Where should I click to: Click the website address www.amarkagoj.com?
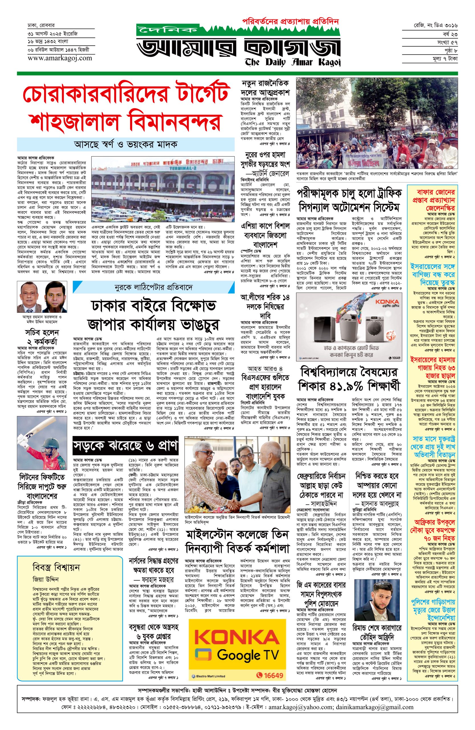(60, 58)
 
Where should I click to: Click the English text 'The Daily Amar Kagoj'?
(293, 62)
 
